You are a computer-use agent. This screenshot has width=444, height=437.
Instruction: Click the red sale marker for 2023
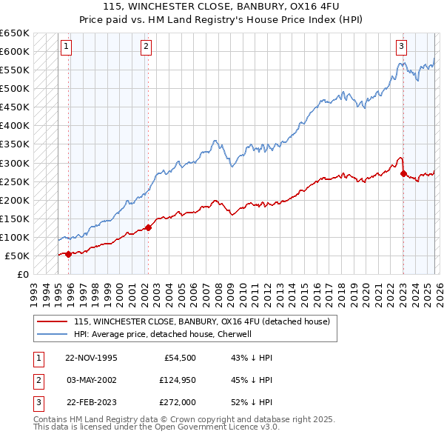(403, 174)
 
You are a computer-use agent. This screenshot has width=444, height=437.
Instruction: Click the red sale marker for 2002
(148, 227)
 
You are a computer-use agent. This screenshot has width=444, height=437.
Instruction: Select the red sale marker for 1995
(69, 254)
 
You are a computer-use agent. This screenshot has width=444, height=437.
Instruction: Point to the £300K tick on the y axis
(14, 163)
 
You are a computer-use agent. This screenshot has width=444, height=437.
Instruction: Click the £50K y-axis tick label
(17, 256)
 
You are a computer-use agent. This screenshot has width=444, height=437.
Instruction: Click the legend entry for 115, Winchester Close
(206, 321)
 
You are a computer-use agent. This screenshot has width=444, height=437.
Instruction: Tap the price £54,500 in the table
(177, 358)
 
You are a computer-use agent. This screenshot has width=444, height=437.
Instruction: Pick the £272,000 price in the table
(177, 404)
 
